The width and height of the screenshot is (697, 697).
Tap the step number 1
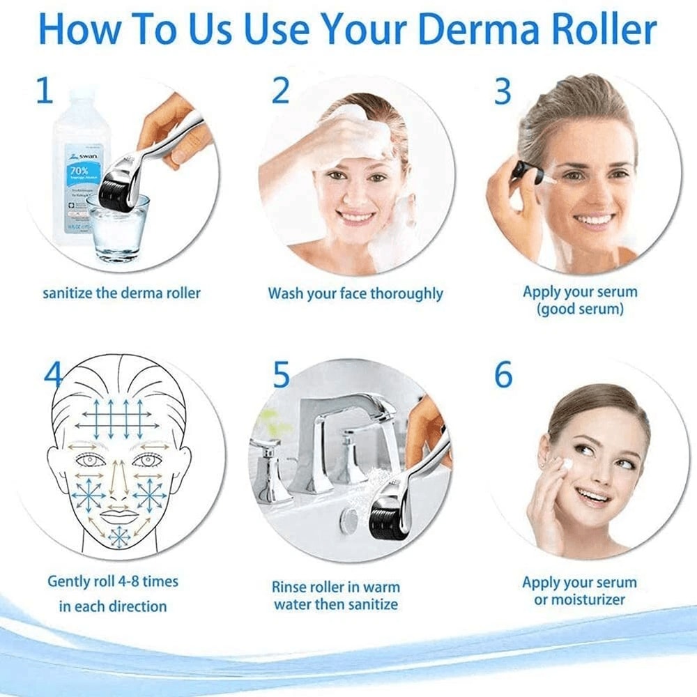click(44, 91)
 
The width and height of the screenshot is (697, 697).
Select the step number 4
click(53, 376)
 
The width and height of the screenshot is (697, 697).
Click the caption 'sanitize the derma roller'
click(121, 293)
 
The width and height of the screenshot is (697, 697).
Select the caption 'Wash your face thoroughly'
click(355, 293)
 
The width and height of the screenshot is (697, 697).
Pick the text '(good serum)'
click(580, 309)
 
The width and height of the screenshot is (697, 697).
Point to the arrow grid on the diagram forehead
click(113, 416)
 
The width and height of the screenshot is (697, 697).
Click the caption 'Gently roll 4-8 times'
click(112, 581)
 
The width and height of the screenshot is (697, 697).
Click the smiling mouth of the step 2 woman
click(356, 216)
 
